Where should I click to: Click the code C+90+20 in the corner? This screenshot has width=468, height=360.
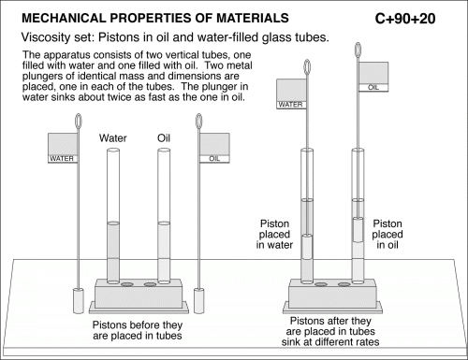pos(405,19)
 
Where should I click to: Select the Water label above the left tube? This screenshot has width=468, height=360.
pos(113,138)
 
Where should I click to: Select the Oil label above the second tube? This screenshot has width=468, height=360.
pos(164,138)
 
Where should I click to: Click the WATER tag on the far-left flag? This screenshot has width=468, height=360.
pos(62,159)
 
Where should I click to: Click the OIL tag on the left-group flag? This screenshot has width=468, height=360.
pos(214,159)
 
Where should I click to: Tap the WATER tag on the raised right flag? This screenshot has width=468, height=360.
pos(290,105)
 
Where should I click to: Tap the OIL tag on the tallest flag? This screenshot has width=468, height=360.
pos(373,88)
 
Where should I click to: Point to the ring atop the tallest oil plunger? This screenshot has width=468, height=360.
pos(358,50)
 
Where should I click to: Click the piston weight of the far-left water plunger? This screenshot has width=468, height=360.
pos(79,301)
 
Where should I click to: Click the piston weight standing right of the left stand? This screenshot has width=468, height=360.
pos(198,301)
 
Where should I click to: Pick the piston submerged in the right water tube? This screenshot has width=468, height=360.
pos(307,247)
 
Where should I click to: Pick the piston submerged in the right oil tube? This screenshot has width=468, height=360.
pos(358,230)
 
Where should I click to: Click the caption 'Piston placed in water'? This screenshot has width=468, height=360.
pos(274,234)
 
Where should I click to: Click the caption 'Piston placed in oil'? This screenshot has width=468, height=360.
pos(388,234)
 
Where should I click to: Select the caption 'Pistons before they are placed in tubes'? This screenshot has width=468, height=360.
pos(138,330)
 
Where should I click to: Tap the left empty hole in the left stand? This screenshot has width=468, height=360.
pos(126,284)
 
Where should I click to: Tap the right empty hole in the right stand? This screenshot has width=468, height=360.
pos(344,284)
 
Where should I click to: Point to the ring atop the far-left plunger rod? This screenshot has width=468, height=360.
pos(79,120)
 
